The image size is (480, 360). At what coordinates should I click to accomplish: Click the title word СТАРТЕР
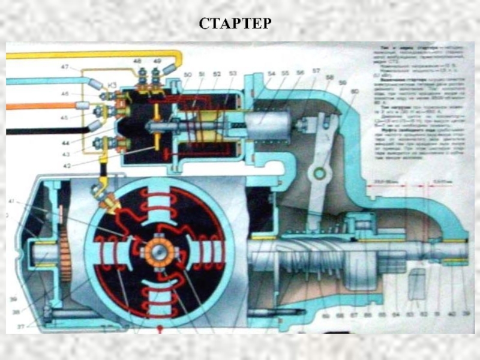[x=235, y=25]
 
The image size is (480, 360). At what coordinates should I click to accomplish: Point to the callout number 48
[x=137, y=62]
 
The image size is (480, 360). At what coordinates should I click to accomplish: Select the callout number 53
[x=233, y=74]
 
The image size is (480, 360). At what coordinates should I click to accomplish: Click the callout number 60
[x=355, y=92]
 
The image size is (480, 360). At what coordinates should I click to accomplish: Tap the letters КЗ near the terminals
[x=111, y=86]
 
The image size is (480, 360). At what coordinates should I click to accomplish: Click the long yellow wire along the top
[x=90, y=55]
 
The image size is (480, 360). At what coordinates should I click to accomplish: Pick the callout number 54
[x=271, y=73]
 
